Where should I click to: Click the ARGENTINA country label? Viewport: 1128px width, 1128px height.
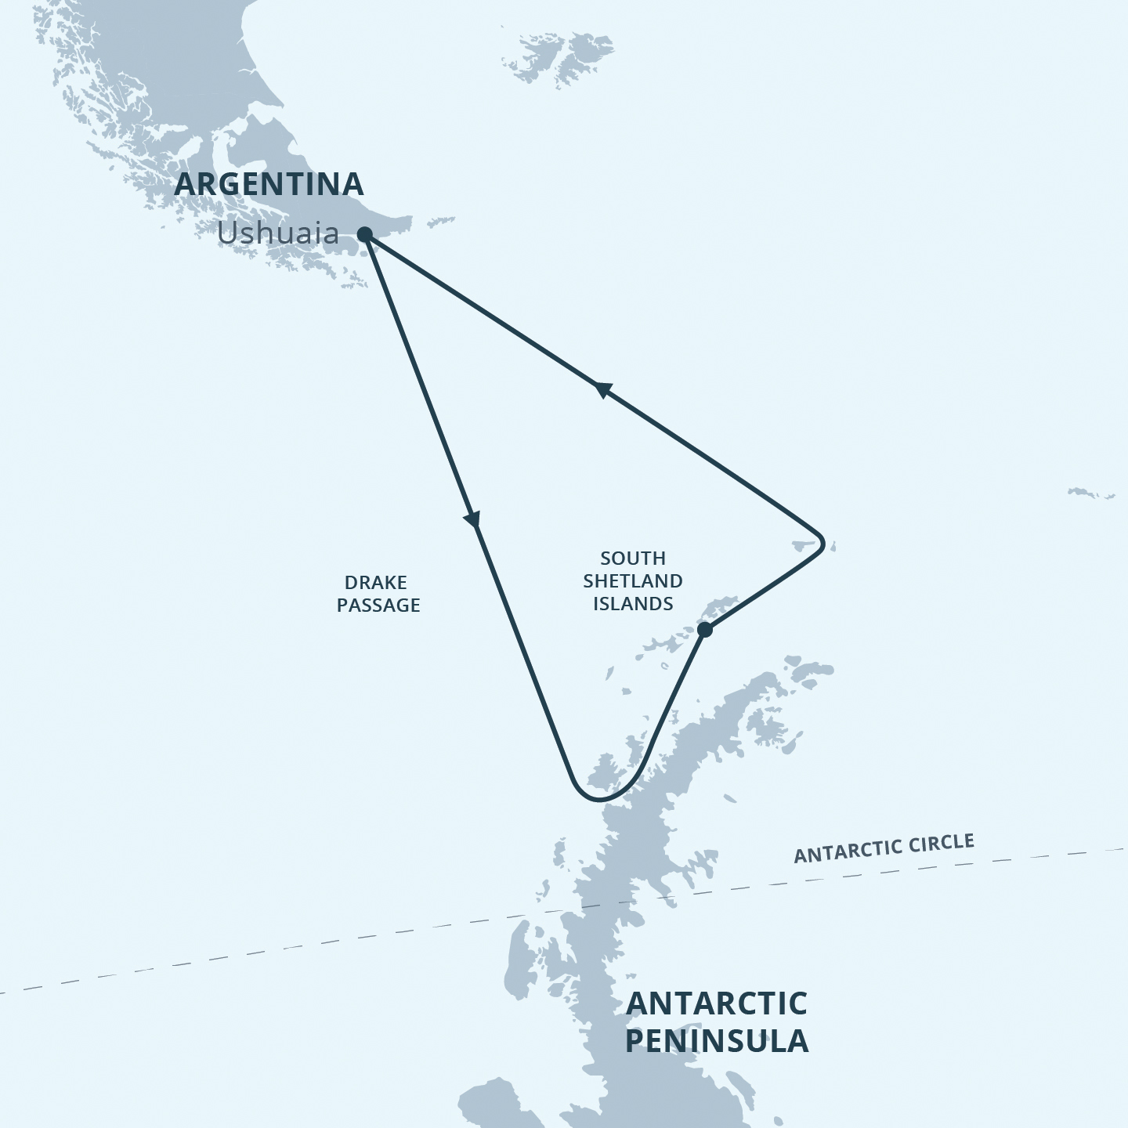pyautogui.click(x=269, y=185)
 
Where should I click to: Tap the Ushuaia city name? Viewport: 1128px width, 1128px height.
pyautogui.click(x=278, y=233)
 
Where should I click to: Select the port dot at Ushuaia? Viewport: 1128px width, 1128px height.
pyautogui.click(x=364, y=233)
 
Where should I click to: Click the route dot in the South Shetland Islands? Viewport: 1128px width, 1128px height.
pyautogui.click(x=704, y=629)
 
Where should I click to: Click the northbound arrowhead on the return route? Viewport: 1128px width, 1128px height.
pyautogui.click(x=602, y=389)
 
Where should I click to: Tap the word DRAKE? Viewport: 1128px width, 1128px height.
pyautogui.click(x=376, y=583)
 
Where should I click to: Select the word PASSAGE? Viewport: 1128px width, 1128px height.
pyautogui.click(x=378, y=606)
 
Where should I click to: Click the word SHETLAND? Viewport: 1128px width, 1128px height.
pyautogui.click(x=633, y=581)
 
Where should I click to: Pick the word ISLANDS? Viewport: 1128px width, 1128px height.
pyautogui.click(x=633, y=604)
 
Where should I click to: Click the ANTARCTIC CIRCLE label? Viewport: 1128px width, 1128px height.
pyautogui.click(x=884, y=848)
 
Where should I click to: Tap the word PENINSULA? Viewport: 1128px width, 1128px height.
pyautogui.click(x=717, y=1041)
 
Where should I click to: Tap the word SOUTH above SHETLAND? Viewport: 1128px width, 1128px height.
pyautogui.click(x=633, y=559)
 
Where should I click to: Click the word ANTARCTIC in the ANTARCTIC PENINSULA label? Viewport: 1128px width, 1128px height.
pyautogui.click(x=717, y=1003)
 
